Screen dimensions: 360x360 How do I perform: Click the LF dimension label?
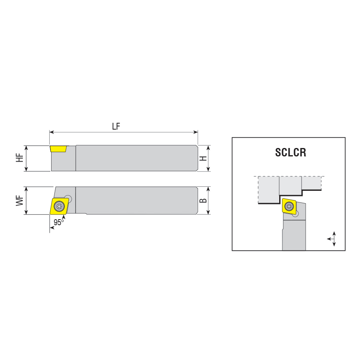[x=116, y=126]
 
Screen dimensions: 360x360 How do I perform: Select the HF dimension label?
[x=20, y=158]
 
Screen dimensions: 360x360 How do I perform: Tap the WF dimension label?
[x=20, y=200]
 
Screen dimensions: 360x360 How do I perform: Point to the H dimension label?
[x=203, y=158]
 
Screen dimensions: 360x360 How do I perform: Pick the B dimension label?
[x=203, y=200]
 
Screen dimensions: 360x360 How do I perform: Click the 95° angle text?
[x=59, y=222]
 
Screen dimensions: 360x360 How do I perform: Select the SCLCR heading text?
[x=291, y=152]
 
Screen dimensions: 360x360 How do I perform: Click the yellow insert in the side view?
[x=58, y=149]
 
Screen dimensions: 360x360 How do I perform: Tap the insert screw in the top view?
[x=59, y=206]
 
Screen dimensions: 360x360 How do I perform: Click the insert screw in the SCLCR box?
[x=289, y=206]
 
